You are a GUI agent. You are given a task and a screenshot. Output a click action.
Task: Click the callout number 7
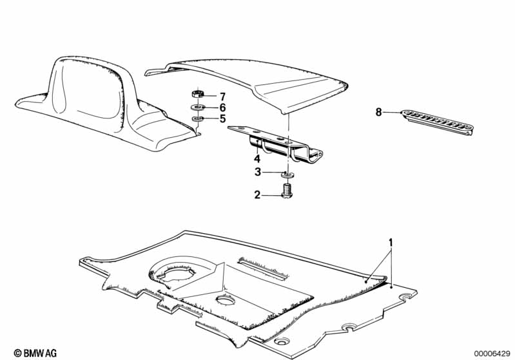pos(222,97)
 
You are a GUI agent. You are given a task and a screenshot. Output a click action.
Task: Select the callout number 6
pos(222,108)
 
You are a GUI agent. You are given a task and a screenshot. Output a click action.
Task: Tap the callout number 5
pos(222,118)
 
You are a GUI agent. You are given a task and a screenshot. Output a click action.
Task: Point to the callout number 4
pos(257,159)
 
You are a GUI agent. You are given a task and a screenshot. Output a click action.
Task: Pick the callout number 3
pos(258,172)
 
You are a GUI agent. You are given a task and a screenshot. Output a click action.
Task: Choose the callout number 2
pos(257,195)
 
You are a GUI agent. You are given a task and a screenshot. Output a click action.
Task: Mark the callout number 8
pos(379,112)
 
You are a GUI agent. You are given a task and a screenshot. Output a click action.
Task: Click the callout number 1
pos(391,243)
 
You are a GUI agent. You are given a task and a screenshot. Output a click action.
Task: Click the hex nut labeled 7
pos(197,94)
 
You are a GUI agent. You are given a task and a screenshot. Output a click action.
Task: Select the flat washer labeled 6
pos(198,107)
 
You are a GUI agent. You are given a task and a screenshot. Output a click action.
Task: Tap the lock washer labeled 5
pos(198,118)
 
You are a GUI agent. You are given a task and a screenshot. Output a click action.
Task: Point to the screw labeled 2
pos(287,191)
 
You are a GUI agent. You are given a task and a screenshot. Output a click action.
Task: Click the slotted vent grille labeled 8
pos(437,122)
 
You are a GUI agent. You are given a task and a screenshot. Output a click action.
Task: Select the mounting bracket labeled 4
pos(276,144)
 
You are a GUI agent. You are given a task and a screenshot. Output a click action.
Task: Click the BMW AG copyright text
pos(35,353)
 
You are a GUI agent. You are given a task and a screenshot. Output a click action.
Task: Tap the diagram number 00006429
pos(492,354)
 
